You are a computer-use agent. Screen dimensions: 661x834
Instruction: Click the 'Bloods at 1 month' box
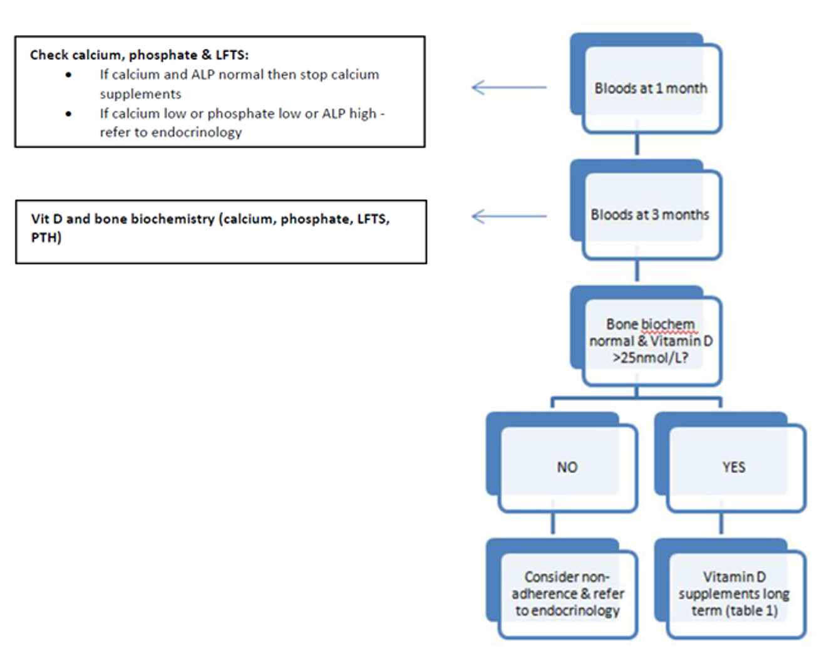651,88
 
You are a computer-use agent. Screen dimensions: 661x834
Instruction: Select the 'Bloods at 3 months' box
650,215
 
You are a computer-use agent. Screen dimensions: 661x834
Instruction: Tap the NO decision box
567,467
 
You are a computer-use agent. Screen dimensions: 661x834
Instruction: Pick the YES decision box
733,467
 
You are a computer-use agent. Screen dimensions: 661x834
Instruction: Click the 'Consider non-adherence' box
567,593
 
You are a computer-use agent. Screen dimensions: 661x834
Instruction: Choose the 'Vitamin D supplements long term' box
734,593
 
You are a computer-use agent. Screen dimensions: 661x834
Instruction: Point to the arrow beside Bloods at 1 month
508,87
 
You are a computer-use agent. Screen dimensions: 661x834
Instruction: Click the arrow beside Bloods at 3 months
508,216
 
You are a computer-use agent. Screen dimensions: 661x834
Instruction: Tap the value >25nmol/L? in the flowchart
650,358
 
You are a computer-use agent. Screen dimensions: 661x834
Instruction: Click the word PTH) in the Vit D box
46,238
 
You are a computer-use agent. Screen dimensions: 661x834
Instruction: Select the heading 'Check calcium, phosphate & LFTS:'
139,55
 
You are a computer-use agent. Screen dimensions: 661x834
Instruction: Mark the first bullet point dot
68,75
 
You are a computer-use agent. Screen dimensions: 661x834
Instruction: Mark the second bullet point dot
68,114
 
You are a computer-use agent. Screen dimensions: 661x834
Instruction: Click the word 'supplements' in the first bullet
140,94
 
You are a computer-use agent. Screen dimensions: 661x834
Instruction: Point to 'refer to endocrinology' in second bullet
170,133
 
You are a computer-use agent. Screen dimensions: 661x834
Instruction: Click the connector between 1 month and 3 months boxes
637,145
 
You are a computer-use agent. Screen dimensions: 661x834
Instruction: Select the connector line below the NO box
552,523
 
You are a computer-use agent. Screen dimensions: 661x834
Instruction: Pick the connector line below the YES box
721,523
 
